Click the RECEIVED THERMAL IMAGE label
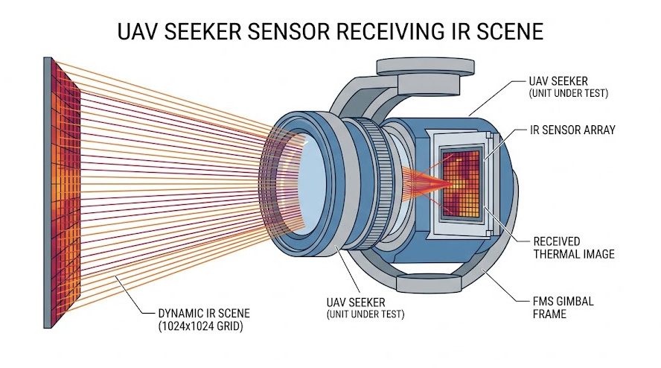[x=574, y=248]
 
